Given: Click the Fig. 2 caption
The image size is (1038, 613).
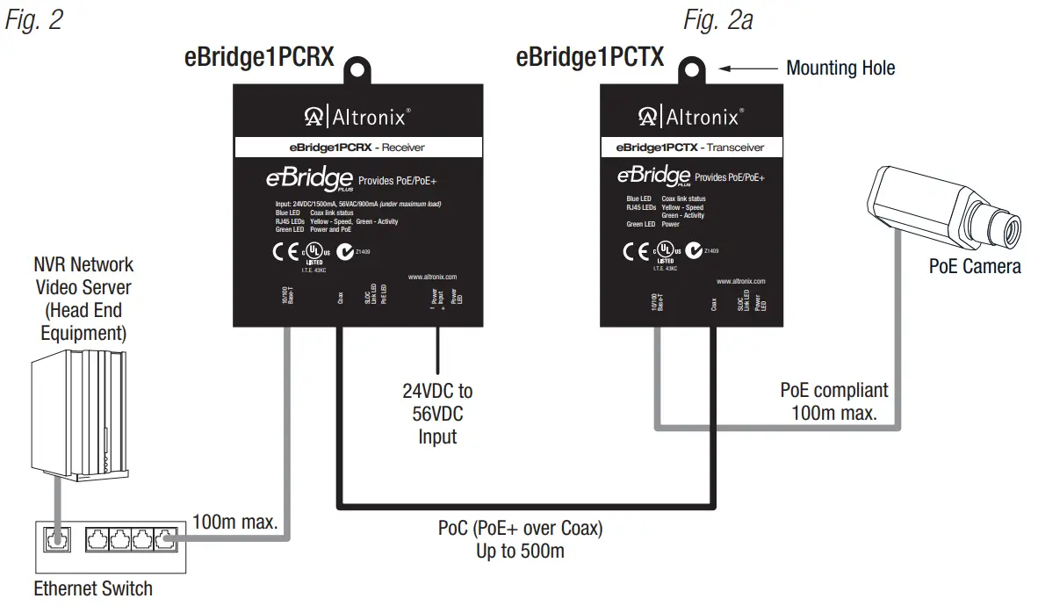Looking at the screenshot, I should [34, 19].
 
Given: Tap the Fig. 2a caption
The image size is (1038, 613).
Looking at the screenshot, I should [717, 19].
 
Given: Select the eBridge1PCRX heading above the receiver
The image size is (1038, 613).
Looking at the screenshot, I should [259, 58].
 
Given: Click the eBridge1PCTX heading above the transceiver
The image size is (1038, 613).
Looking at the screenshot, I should [589, 58].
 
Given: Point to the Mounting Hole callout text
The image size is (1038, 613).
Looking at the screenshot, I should [840, 68].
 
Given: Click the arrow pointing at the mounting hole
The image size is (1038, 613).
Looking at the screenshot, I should [747, 68].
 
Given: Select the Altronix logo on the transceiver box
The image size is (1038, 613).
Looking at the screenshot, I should [689, 116].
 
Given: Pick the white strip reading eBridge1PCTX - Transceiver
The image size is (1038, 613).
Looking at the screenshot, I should [689, 148].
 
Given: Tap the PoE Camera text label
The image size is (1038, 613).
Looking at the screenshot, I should [975, 266].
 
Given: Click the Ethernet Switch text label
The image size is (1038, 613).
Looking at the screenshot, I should [93, 588].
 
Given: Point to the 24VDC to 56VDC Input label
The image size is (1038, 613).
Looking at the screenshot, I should [437, 413].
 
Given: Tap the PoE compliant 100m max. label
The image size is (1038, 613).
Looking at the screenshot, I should [833, 400].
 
